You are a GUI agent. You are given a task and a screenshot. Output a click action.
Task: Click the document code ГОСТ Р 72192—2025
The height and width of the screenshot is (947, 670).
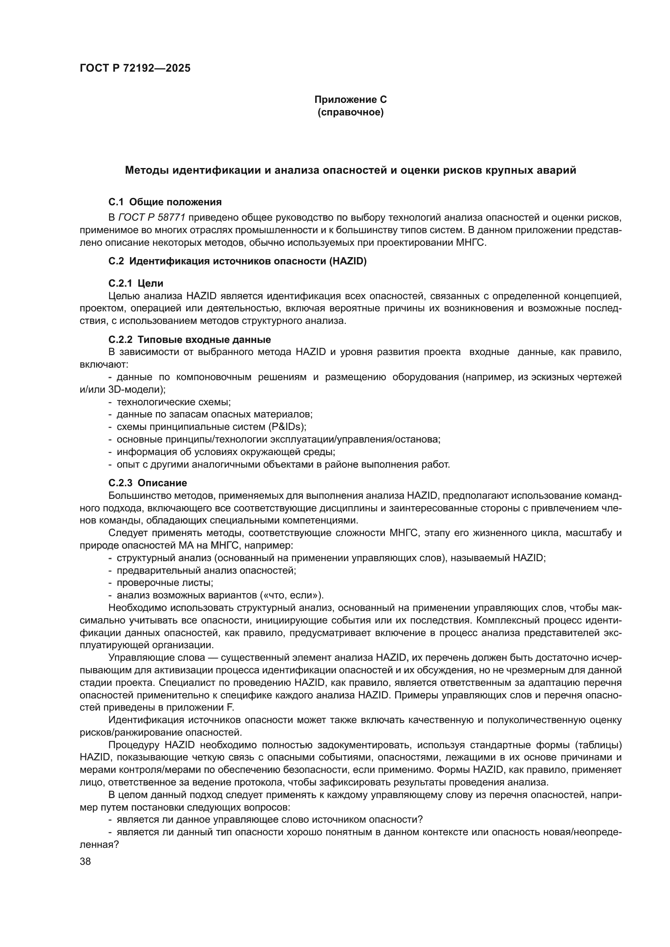click(135, 68)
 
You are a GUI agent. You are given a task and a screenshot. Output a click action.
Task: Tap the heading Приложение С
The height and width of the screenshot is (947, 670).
click(350, 100)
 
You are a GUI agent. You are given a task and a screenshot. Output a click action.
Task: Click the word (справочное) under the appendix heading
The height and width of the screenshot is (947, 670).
click(350, 112)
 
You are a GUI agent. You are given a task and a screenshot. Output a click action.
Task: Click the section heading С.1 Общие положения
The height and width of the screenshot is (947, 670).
click(165, 202)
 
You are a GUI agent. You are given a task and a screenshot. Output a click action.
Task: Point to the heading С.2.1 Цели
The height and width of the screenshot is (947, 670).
click(136, 283)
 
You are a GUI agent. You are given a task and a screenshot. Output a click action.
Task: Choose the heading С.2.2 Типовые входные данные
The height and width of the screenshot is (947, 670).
click(189, 340)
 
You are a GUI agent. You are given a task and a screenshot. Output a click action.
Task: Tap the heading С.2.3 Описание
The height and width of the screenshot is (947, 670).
click(147, 483)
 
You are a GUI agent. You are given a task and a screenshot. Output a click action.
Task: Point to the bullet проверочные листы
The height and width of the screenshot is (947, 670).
click(164, 583)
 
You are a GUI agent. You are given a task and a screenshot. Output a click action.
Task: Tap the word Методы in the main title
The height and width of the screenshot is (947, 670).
click(147, 170)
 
